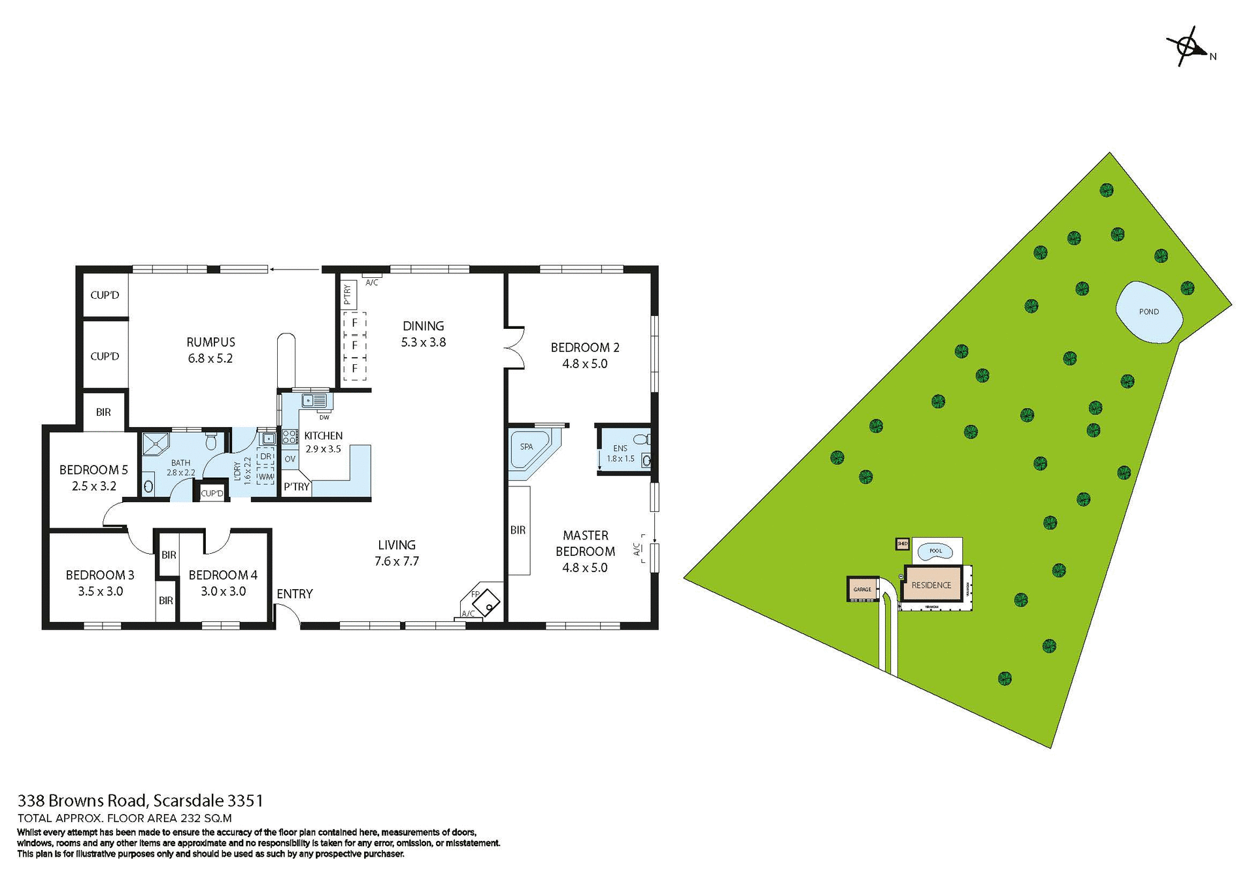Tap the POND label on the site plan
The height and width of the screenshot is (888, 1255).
click(1148, 312)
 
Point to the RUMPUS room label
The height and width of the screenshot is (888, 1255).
click(210, 342)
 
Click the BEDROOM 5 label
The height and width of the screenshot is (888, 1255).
click(93, 470)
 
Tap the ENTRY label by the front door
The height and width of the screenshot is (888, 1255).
click(294, 594)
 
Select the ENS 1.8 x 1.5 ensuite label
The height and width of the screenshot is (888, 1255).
click(620, 453)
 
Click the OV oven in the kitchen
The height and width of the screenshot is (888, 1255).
click(290, 459)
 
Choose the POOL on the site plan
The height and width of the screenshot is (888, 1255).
click(935, 551)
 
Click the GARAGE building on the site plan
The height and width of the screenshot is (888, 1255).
click(862, 589)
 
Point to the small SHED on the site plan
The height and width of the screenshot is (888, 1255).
click(903, 543)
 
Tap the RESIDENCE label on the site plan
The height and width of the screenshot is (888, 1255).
click(931, 585)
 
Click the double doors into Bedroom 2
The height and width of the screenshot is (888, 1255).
click(514, 348)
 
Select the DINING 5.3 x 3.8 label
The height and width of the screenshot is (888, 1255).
click(423, 333)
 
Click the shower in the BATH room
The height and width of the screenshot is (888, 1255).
click(156, 443)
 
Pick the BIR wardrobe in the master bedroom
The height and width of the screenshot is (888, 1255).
click(518, 530)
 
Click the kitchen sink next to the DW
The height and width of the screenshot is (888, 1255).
click(314, 400)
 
